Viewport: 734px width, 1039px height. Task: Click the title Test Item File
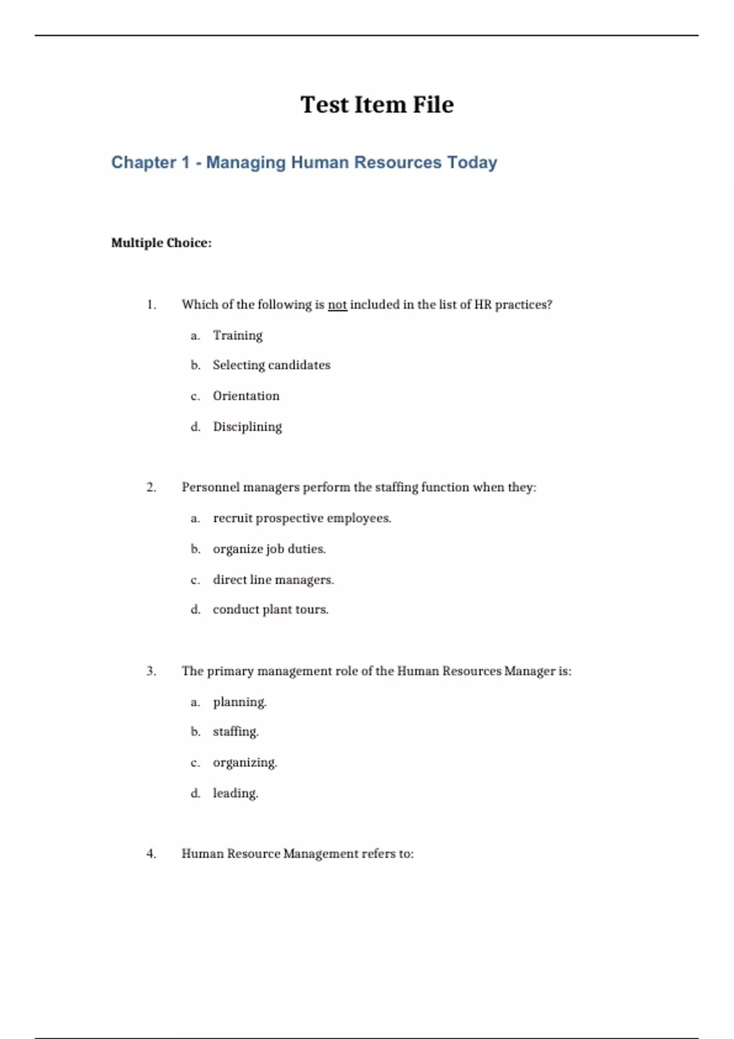click(x=377, y=105)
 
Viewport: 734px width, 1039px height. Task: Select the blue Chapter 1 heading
click(x=303, y=163)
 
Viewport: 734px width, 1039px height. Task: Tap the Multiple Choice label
click(x=161, y=243)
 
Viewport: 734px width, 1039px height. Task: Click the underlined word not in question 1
click(x=337, y=304)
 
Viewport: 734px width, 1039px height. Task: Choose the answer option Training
click(x=237, y=335)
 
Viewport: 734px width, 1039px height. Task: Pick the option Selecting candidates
click(x=271, y=365)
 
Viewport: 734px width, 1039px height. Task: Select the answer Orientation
click(x=246, y=395)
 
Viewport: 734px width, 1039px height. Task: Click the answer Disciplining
click(x=247, y=427)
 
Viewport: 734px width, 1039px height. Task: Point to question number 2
click(x=151, y=487)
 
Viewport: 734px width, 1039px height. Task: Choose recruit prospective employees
click(x=302, y=518)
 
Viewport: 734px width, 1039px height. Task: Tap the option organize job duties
click(x=269, y=549)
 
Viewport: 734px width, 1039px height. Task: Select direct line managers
click(x=273, y=579)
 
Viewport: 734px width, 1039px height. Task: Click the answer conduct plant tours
click(x=270, y=609)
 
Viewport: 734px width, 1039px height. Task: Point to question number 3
click(x=151, y=671)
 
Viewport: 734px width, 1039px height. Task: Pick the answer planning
click(x=239, y=702)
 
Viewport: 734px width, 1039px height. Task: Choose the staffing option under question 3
click(x=235, y=732)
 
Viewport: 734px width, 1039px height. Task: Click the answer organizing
click(x=245, y=762)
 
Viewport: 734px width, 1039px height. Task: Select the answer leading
click(x=235, y=793)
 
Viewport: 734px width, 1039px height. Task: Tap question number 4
click(x=151, y=854)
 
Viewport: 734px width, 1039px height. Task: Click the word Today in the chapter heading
click(x=472, y=163)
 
